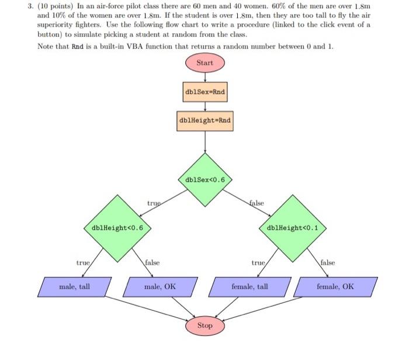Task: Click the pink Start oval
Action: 205,62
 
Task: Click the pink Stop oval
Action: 205,326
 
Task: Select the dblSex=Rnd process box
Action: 205,92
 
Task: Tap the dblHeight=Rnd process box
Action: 205,121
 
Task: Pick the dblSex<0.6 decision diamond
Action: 205,179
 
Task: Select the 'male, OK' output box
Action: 160,286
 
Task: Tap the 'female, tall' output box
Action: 250,286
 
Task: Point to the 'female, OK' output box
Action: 335,286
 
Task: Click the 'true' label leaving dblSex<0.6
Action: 154,203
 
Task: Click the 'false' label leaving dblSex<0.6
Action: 257,203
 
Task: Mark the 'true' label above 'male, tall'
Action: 82,264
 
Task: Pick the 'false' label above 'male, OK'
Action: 152,264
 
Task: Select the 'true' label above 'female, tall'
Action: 258,264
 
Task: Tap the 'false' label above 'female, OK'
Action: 327,264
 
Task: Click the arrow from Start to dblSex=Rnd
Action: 205,77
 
